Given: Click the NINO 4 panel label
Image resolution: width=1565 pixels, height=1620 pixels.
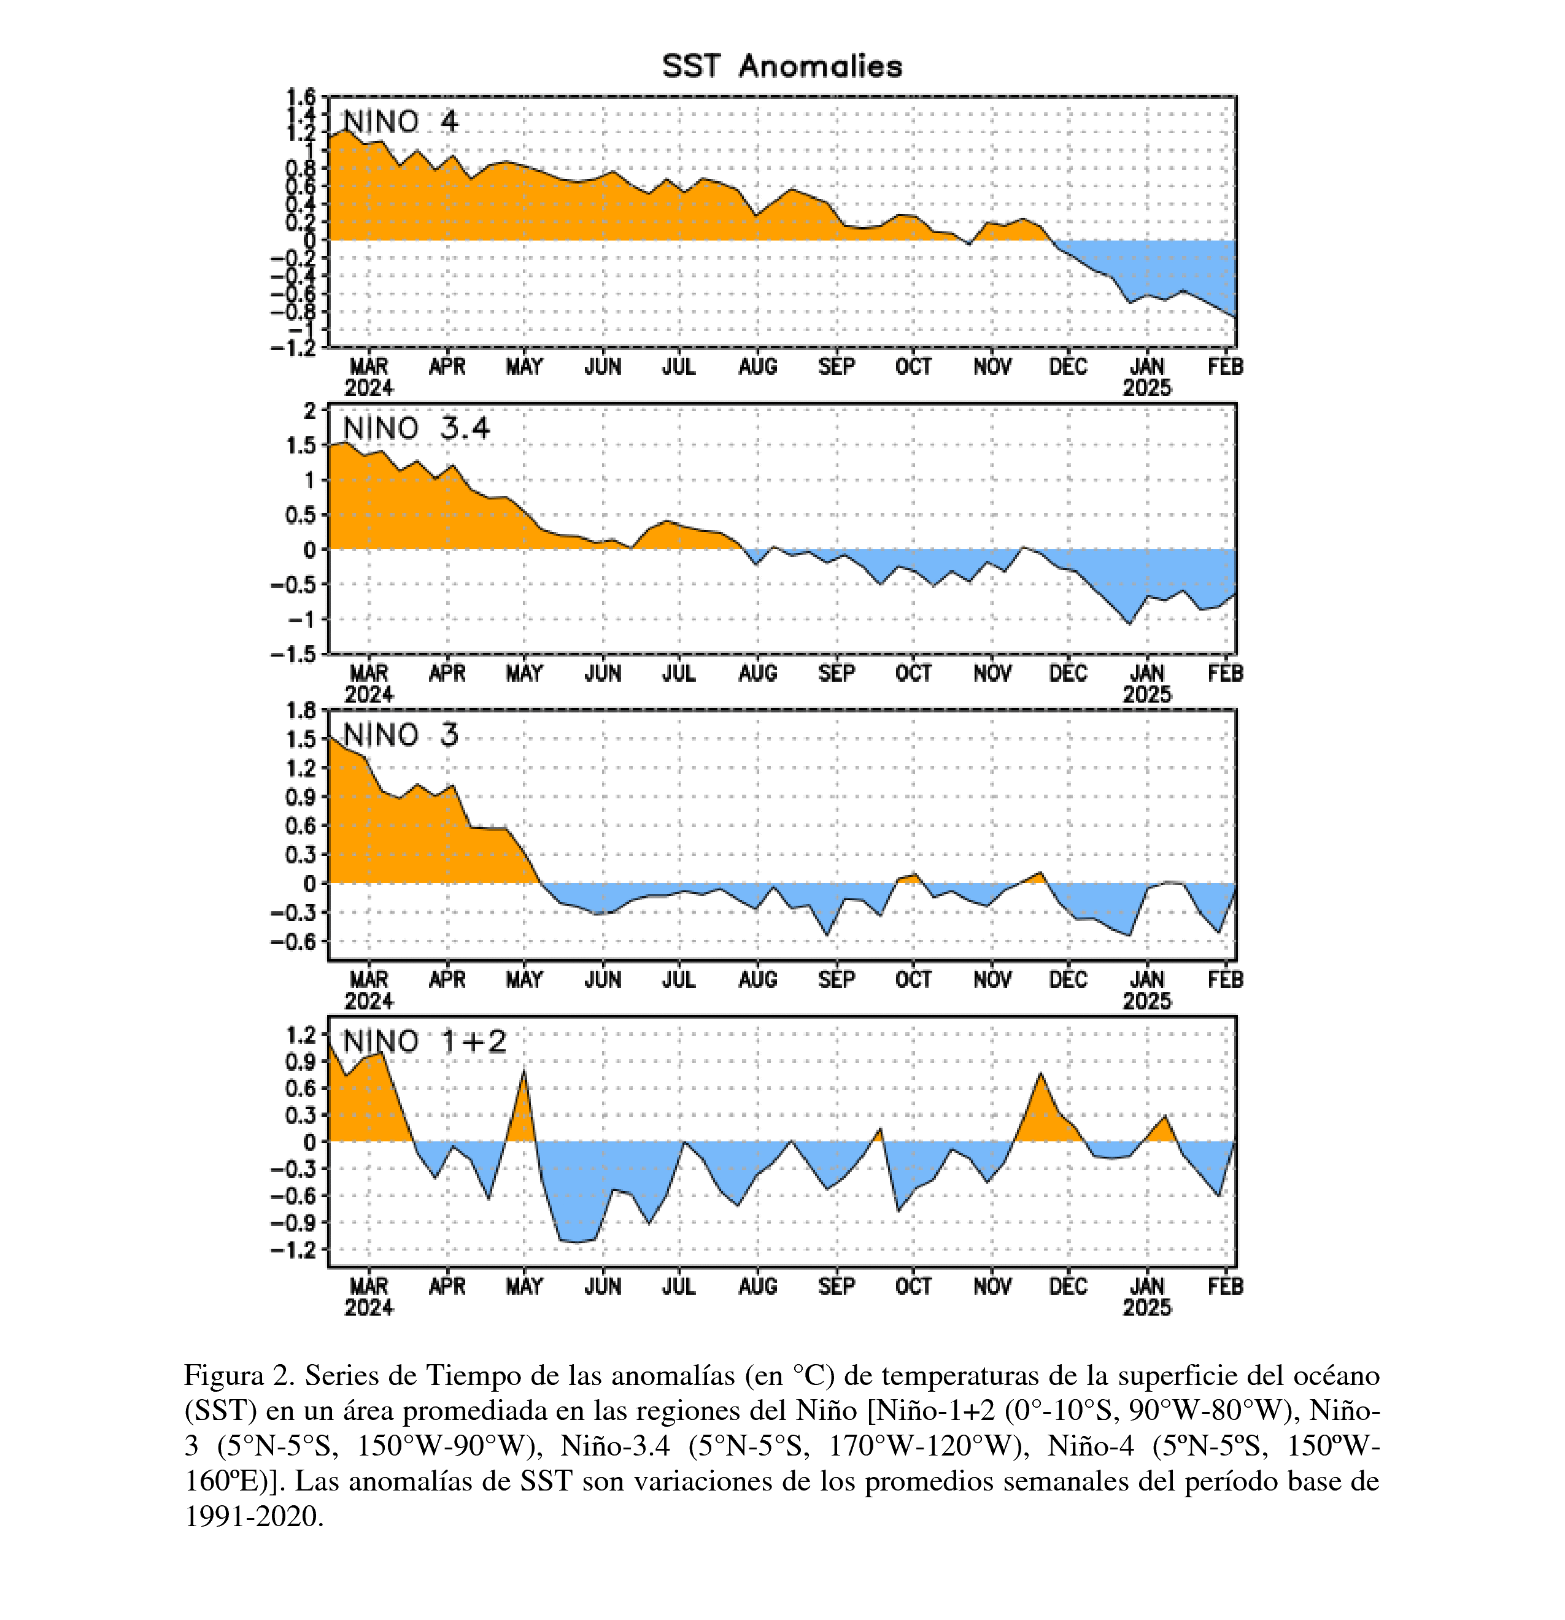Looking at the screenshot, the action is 400,121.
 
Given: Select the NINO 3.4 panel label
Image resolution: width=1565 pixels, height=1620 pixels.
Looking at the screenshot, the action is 417,428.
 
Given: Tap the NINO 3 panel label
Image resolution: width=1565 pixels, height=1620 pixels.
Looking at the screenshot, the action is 400,735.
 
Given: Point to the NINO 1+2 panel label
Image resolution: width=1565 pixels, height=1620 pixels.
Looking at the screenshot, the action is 425,1041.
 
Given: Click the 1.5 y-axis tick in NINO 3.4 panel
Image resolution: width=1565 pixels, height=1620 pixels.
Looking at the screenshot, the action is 300,445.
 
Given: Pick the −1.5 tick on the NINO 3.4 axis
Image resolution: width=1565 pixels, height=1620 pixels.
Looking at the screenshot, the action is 293,654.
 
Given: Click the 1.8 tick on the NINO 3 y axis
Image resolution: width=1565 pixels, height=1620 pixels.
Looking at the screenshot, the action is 300,710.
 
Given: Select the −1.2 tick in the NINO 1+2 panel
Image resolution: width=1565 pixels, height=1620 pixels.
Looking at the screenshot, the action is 293,1249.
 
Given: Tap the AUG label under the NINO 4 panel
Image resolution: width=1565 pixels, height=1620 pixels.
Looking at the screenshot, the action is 757,366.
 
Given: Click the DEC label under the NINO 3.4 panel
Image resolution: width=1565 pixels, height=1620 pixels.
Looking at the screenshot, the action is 1068,673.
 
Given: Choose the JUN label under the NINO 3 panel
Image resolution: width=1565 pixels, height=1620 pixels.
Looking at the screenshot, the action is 603,979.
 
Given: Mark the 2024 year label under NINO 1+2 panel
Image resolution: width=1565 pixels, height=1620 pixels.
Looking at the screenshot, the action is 369,1308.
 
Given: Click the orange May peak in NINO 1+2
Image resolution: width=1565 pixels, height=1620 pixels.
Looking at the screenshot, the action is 524,1072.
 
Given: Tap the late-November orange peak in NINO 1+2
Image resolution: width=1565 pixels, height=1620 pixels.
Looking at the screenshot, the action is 1041,1074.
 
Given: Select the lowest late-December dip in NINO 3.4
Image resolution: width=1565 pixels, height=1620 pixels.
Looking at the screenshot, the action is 1129,623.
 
